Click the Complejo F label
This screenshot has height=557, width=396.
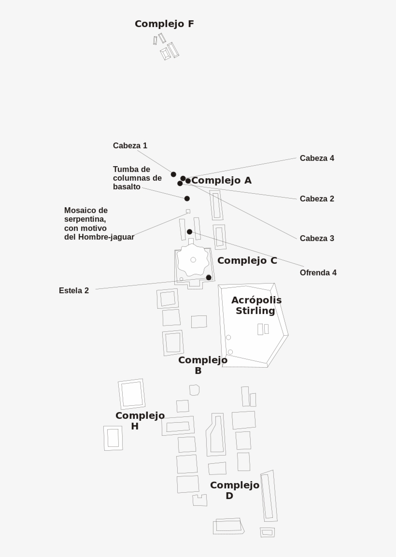[165, 24]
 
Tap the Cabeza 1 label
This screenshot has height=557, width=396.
[130, 145]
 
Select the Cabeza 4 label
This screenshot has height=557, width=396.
[317, 158]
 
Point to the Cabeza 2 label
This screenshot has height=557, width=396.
[317, 199]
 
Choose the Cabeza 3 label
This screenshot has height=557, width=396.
[317, 238]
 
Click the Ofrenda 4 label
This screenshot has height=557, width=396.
[318, 273]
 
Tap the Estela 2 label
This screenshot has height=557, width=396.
[74, 291]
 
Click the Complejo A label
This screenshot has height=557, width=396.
[221, 181]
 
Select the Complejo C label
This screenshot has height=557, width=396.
[247, 261]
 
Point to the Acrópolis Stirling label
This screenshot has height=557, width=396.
[256, 305]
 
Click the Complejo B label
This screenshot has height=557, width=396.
[203, 365]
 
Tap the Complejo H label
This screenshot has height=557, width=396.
[140, 421]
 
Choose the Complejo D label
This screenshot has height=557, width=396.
[235, 490]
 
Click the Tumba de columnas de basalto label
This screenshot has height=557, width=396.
[138, 178]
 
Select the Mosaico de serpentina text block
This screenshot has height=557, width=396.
[99, 224]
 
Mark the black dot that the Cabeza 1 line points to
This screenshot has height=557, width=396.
[173, 174]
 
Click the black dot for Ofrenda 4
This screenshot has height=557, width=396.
[189, 232]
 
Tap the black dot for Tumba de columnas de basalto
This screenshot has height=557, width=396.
[187, 199]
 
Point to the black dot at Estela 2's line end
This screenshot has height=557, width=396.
[209, 278]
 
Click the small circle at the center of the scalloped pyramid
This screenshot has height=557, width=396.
[193, 260]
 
